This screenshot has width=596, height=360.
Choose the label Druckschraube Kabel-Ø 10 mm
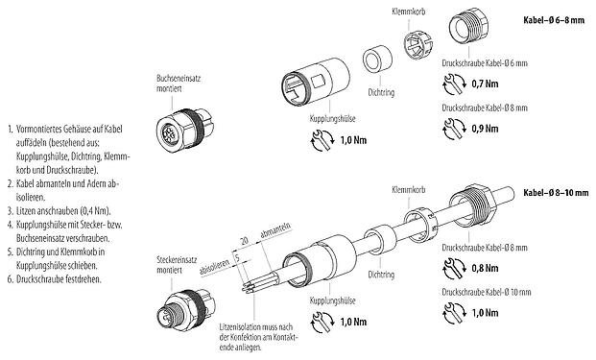(486, 289)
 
